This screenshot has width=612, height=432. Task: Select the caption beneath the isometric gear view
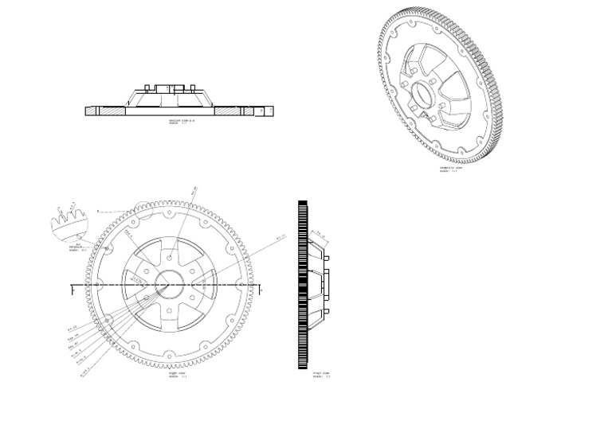(x=451, y=169)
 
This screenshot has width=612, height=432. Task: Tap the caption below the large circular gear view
(x=177, y=374)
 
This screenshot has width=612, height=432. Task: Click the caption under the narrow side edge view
(x=321, y=374)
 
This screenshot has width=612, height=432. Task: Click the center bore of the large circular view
(x=171, y=284)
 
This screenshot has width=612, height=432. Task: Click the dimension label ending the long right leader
(x=280, y=236)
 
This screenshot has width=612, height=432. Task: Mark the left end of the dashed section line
(x=73, y=285)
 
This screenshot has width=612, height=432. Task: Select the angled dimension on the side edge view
(x=320, y=233)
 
